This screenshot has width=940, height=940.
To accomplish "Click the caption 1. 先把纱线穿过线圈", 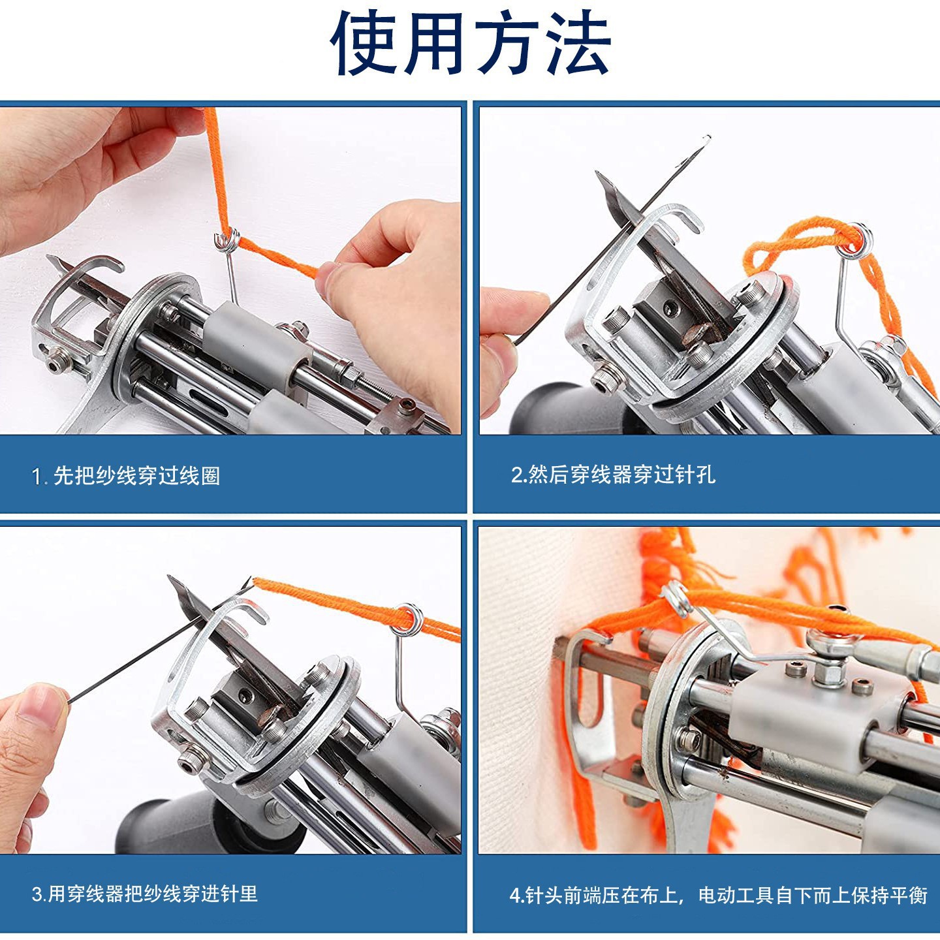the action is point(126,476).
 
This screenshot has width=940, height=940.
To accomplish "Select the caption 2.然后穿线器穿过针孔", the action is point(613,474).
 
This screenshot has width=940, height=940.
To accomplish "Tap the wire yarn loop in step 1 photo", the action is point(227,240).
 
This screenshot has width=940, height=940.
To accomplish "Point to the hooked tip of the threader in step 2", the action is point(708,138).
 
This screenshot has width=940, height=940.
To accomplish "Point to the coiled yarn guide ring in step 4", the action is point(677,597).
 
